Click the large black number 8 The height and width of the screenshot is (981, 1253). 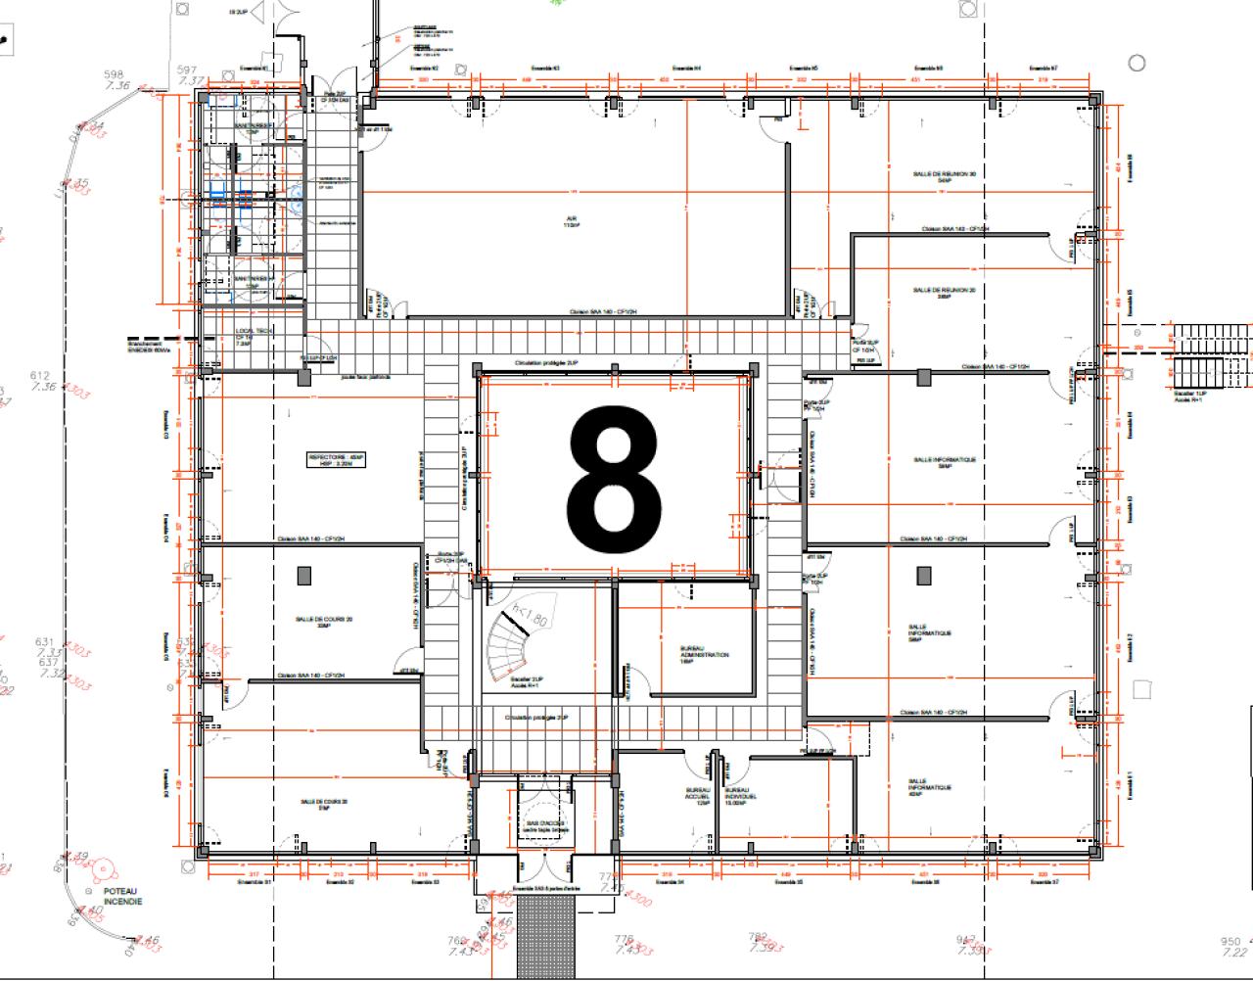(614, 480)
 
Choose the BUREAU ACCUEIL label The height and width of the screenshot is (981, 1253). (697, 797)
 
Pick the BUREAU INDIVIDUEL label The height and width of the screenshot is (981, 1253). (739, 797)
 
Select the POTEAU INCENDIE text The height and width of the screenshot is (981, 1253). (121, 897)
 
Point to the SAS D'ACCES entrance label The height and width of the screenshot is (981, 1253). (545, 826)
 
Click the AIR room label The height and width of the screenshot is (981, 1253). (570, 221)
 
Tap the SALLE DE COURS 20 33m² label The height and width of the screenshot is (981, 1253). (324, 622)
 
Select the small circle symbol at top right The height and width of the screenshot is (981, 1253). (1137, 64)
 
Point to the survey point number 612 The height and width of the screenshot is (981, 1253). (40, 376)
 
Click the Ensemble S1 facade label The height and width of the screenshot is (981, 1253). (254, 882)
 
